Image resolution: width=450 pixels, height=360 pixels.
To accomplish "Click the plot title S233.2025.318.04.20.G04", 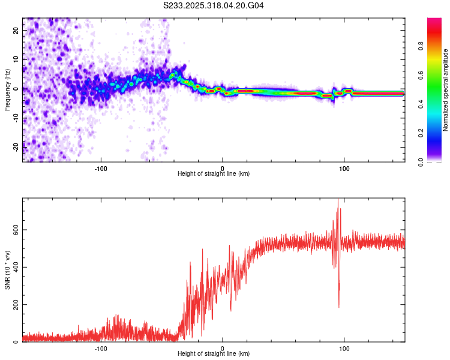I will coord(214,5).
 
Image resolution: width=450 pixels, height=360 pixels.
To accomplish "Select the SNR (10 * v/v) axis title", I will coord(7,270).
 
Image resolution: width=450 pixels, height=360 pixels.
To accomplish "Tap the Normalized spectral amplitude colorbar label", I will coord(445,90).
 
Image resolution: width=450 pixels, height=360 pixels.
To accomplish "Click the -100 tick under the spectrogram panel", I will coord(101,168).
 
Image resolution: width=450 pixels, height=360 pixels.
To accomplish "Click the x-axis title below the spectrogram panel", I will coord(214,174).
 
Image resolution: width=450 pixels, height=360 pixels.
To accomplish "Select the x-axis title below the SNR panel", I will coord(214,355).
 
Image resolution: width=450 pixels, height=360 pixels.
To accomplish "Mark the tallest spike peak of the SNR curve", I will coord(338,200).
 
